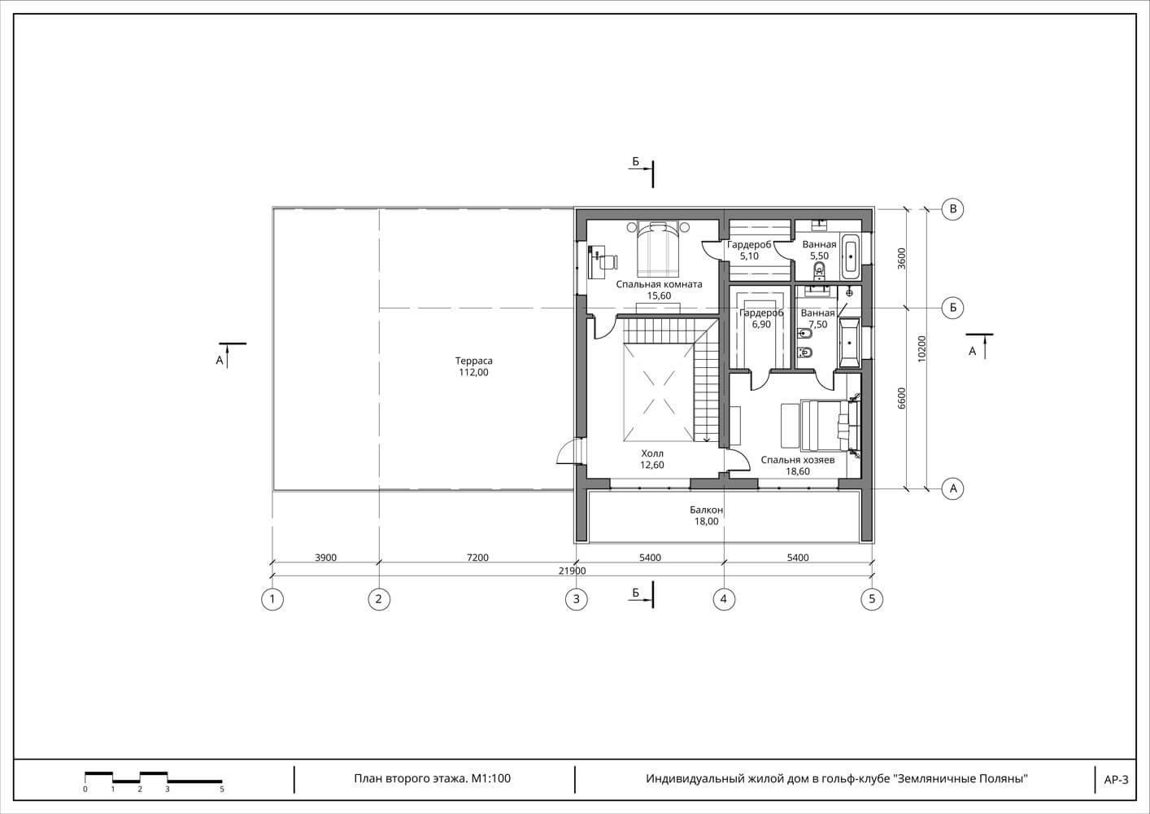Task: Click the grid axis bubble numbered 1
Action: tap(272, 599)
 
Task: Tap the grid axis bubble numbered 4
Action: tap(724, 599)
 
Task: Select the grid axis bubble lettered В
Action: tap(953, 209)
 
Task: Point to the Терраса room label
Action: tap(473, 361)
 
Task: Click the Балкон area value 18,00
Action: tap(707, 522)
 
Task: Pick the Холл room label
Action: tap(652, 453)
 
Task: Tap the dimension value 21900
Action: tap(572, 571)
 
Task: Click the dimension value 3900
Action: tap(325, 558)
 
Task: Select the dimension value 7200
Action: tap(477, 558)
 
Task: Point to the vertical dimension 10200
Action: tap(922, 349)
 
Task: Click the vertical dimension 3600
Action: tap(902, 259)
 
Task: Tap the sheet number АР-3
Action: tap(1116, 780)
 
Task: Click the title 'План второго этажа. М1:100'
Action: tap(433, 779)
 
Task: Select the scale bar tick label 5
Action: tap(222, 790)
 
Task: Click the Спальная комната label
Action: tap(660, 284)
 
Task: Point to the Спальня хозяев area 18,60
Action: tap(798, 471)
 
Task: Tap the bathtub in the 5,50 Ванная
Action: tap(851, 256)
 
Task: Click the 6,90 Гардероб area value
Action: tap(761, 324)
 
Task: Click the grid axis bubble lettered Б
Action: tap(953, 308)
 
